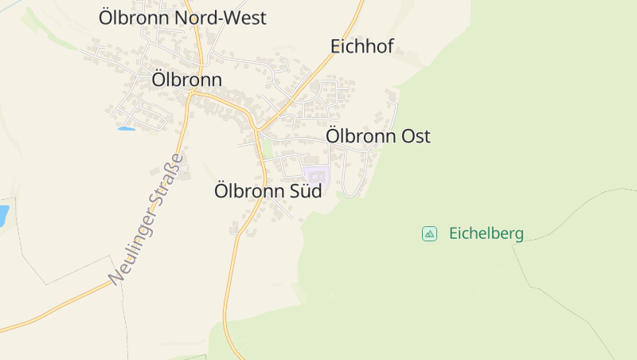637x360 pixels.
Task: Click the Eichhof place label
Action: pyautogui.click(x=362, y=46)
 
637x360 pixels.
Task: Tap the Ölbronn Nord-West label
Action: pyautogui.click(x=182, y=18)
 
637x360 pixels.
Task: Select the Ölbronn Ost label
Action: pyautogui.click(x=378, y=136)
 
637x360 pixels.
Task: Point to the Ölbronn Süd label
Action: pyautogui.click(x=268, y=191)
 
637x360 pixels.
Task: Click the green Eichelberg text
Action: pyautogui.click(x=487, y=233)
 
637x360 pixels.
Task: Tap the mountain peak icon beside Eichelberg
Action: pyautogui.click(x=429, y=233)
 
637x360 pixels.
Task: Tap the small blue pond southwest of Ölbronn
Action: pyautogui.click(x=126, y=127)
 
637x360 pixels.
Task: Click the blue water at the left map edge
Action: pyautogui.click(x=3, y=215)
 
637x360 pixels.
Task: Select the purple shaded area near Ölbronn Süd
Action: pyautogui.click(x=316, y=176)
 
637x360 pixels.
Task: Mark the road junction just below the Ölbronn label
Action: pyautogui.click(x=192, y=93)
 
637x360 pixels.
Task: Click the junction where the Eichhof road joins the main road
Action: pyautogui.click(x=256, y=129)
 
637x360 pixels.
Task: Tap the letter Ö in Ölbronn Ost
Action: pyautogui.click(x=334, y=136)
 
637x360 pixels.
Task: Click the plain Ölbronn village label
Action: pyautogui.click(x=186, y=80)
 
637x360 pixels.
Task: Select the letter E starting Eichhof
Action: pyautogui.click(x=336, y=46)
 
